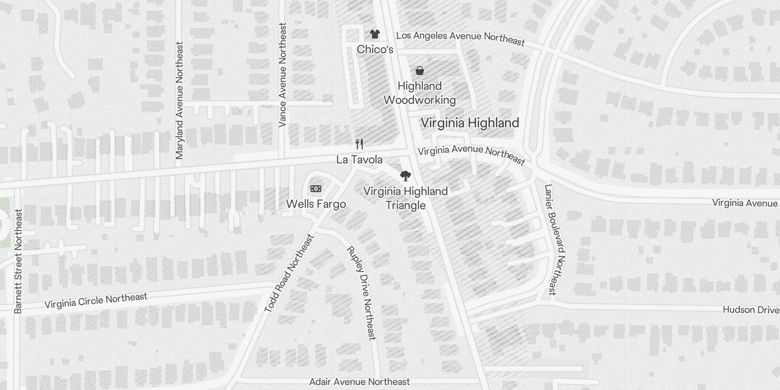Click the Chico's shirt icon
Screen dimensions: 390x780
pyautogui.click(x=374, y=34)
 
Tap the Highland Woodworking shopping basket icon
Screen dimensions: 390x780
pyautogui.click(x=419, y=71)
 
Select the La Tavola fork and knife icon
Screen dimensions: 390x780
pyautogui.click(x=360, y=144)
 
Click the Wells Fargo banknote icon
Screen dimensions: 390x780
pyautogui.click(x=316, y=189)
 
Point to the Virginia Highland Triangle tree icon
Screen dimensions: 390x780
pyautogui.click(x=405, y=176)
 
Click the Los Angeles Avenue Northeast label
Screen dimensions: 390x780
pyautogui.click(x=460, y=38)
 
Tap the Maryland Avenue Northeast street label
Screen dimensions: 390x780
pyautogui.click(x=179, y=100)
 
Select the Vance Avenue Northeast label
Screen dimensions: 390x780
pyautogui.click(x=282, y=75)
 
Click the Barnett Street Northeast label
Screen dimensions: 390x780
pyautogui.click(x=19, y=261)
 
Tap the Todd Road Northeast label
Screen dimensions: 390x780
pyautogui.click(x=289, y=273)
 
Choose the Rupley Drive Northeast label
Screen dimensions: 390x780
pyautogui.click(x=361, y=292)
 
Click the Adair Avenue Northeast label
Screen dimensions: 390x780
pyautogui.click(x=360, y=382)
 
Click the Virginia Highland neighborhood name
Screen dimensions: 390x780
pyautogui.click(x=469, y=123)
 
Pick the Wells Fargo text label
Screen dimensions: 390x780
pyautogui.click(x=316, y=204)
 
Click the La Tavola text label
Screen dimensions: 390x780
pyautogui.click(x=359, y=160)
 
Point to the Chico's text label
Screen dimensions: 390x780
pyautogui.click(x=375, y=49)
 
